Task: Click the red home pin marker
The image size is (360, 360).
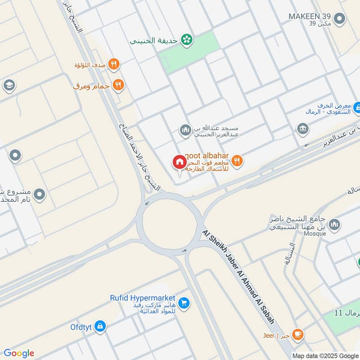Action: (x=179, y=162)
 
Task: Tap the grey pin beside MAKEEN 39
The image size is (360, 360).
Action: (x=341, y=19)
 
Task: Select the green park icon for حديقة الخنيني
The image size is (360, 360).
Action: (x=186, y=40)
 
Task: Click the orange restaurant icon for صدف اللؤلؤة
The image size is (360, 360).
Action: (x=114, y=65)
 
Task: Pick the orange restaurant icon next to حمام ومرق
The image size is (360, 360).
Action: (x=118, y=85)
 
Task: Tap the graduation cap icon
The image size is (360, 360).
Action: (x=9, y=85)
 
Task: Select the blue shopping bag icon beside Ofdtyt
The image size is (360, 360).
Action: (x=100, y=326)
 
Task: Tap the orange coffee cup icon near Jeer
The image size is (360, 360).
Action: (x=297, y=334)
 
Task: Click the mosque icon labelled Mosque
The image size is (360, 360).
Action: (x=334, y=224)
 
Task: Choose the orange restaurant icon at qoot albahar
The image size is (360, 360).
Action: (x=237, y=160)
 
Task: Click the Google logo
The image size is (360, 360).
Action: (x=19, y=353)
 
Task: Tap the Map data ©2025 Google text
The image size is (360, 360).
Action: (x=325, y=355)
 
